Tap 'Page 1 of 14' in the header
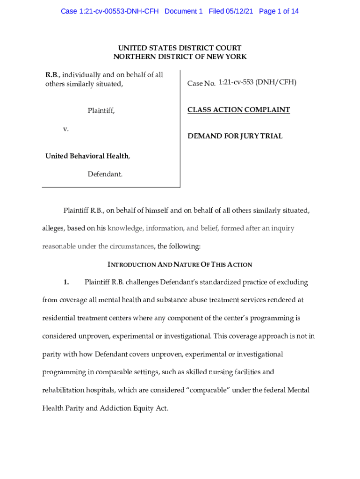[x=279, y=11]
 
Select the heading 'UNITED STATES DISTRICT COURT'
[x=180, y=48]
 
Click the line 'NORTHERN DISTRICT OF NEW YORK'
[x=180, y=57]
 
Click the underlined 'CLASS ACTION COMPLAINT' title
[x=238, y=110]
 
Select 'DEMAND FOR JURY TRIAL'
[x=235, y=136]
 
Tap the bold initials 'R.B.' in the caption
[x=52, y=75]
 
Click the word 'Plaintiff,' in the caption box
[x=101, y=110]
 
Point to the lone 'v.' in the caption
[x=66, y=129]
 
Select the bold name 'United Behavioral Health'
[x=87, y=156]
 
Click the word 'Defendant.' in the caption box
[x=105, y=174]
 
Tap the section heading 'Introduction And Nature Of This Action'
[x=180, y=265]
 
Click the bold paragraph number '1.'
[x=66, y=282]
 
